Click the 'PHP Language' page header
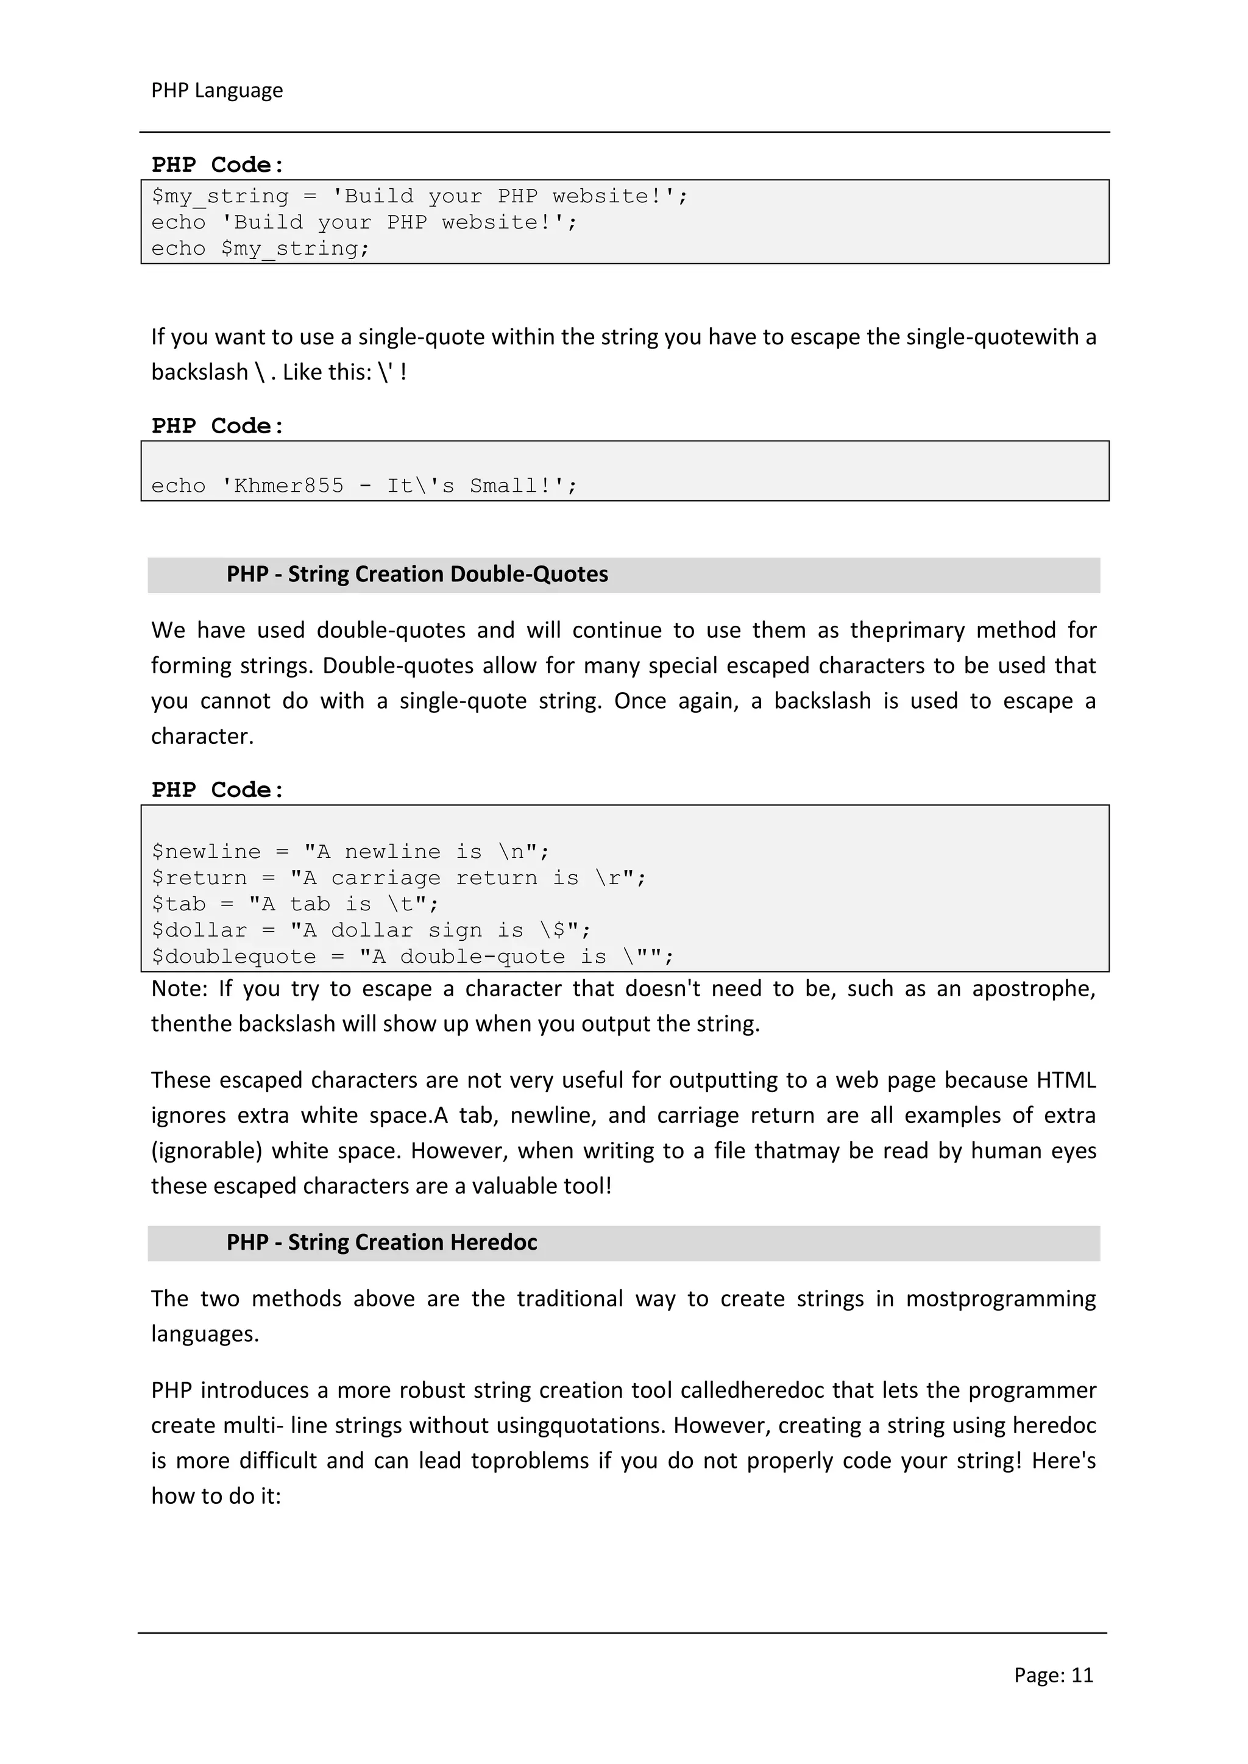click(217, 91)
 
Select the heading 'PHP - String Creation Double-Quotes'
click(417, 575)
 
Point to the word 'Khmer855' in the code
click(289, 486)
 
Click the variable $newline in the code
click(206, 852)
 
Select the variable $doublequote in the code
click(233, 957)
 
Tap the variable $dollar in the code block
click(199, 931)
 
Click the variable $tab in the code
click(179, 905)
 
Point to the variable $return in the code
click(199, 878)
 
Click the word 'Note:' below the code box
click(179, 989)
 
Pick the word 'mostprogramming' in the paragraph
click(1001, 1299)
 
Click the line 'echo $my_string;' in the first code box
click(260, 249)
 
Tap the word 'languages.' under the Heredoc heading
click(204, 1334)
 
